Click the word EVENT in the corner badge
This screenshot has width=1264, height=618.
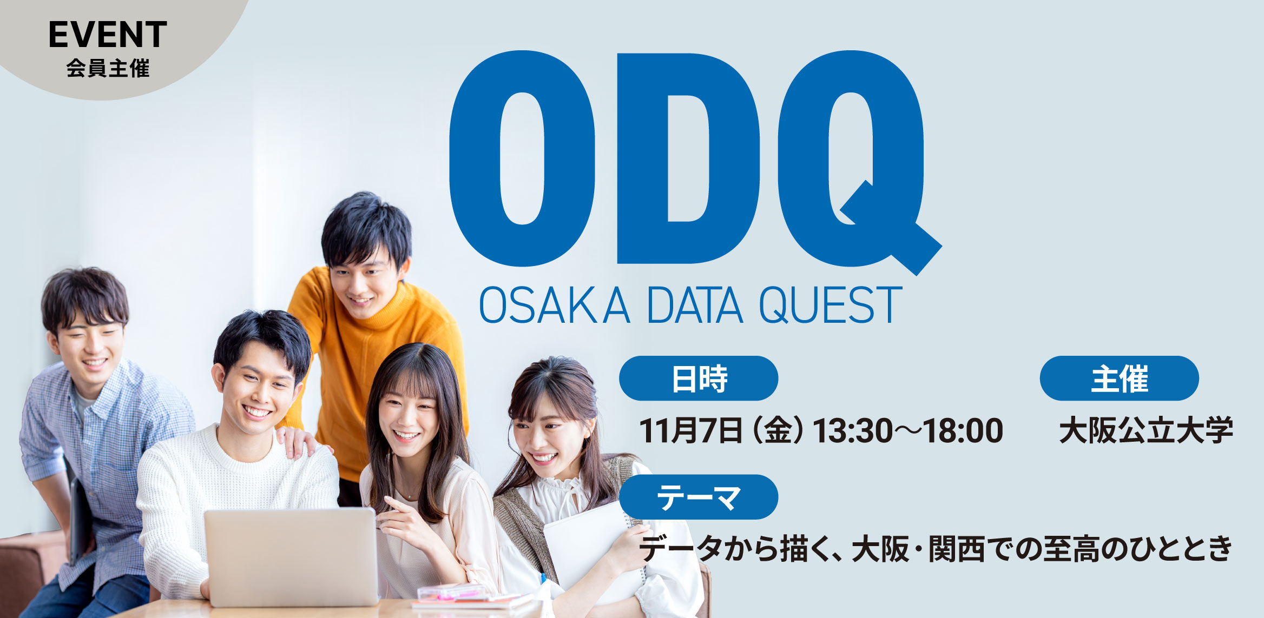point(108,35)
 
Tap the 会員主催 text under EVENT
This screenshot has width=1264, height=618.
point(108,69)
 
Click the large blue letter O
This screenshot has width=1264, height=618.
point(522,158)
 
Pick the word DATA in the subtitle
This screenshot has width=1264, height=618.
point(695,305)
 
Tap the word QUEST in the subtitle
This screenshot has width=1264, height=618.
point(831,305)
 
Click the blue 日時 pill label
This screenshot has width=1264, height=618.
point(699,378)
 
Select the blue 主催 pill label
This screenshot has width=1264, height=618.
point(1119,378)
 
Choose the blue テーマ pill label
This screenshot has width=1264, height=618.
point(699,497)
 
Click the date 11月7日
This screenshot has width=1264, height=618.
point(691,431)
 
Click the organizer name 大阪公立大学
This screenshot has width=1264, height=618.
point(1146,431)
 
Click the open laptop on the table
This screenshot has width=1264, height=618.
point(291,557)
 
